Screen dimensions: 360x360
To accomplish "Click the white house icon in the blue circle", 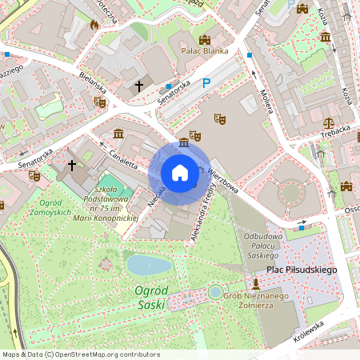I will (x=179, y=173).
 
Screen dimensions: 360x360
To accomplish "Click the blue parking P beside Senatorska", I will (x=207, y=82).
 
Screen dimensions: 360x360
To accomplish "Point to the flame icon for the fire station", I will (x=94, y=25).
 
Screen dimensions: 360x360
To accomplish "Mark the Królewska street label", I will (x=309, y=330).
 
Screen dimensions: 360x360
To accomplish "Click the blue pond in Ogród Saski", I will (x=149, y=264).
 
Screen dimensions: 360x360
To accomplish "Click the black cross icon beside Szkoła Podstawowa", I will (x=72, y=166).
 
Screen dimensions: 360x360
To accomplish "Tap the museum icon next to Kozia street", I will (x=325, y=37).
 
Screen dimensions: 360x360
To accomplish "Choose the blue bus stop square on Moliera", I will (x=250, y=55).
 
